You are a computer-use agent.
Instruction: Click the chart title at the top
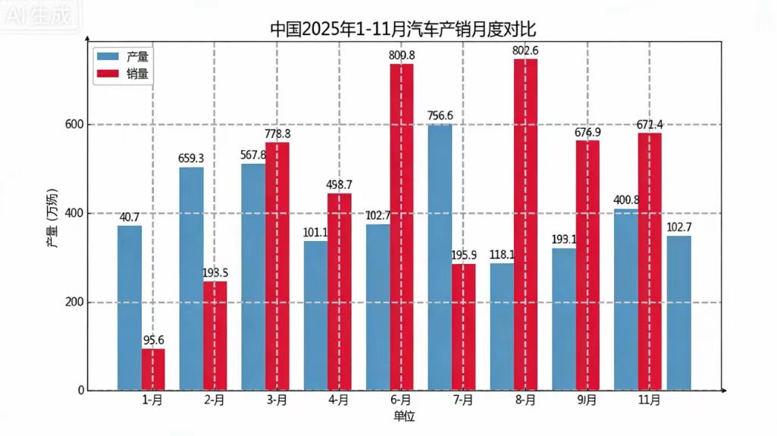click(x=403, y=30)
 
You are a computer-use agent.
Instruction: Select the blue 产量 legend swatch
click(x=108, y=56)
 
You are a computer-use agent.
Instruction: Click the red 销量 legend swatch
click(x=108, y=74)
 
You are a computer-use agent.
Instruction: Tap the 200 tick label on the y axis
click(x=74, y=303)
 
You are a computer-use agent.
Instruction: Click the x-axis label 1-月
click(x=152, y=400)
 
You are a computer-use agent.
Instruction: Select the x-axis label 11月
click(x=649, y=400)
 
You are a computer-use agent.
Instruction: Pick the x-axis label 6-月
click(x=401, y=400)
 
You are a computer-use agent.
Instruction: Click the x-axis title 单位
click(x=404, y=416)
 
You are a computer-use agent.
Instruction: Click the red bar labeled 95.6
click(x=153, y=370)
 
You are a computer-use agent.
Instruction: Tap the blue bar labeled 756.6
click(x=440, y=258)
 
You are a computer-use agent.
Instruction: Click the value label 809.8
click(x=402, y=55)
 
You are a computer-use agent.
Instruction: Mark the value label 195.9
click(x=463, y=256)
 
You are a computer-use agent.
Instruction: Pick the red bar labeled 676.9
click(x=587, y=265)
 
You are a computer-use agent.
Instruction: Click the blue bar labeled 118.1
click(x=502, y=327)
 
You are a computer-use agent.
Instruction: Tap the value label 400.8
click(x=626, y=201)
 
